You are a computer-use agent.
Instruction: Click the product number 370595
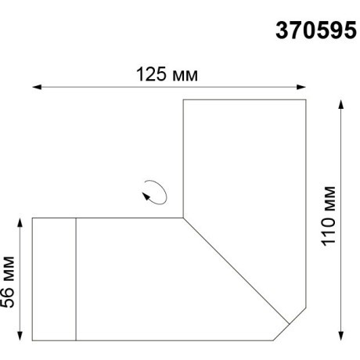click(315, 31)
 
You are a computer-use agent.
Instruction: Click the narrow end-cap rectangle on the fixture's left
click(54, 279)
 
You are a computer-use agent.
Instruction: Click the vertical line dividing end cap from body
click(76, 279)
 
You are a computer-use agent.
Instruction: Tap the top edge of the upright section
click(243, 100)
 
